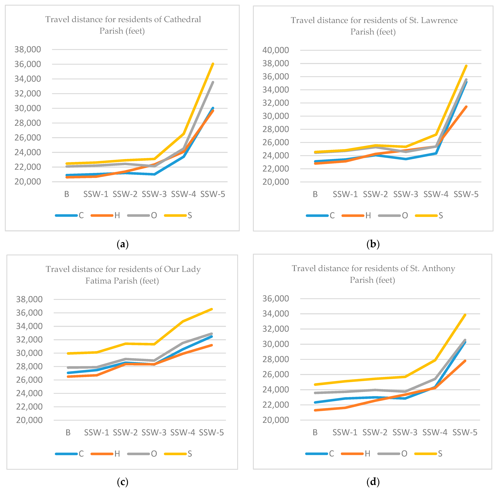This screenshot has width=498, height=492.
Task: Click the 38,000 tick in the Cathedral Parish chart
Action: point(28,49)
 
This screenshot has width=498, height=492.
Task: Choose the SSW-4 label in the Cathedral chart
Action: point(183,194)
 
